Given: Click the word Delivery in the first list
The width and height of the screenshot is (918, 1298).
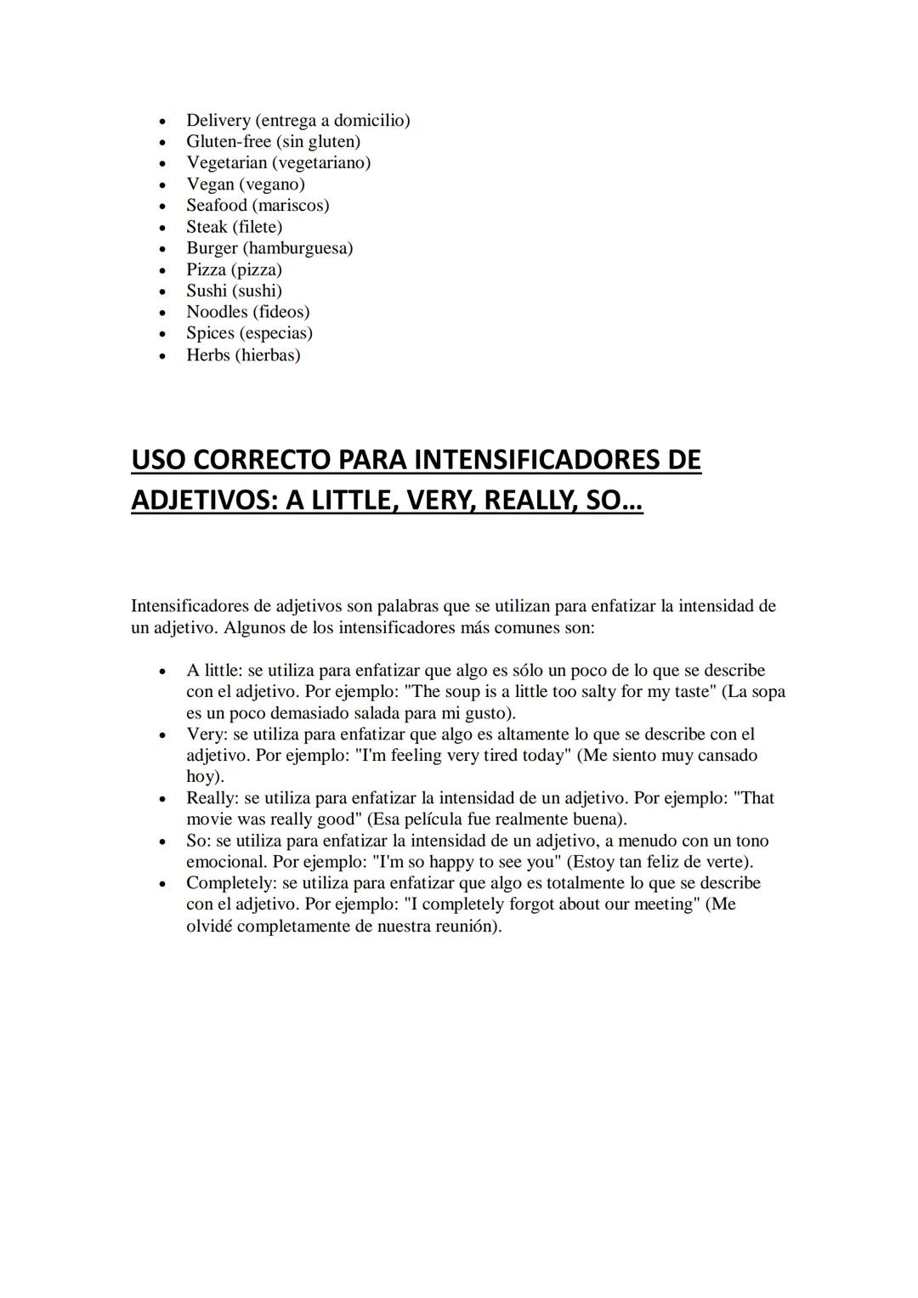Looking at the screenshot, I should [x=218, y=121].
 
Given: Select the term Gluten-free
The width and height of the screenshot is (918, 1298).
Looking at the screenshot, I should [x=229, y=142].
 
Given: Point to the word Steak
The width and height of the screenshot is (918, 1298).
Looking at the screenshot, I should [x=207, y=227].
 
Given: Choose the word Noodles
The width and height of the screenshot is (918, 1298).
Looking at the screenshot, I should [x=217, y=312].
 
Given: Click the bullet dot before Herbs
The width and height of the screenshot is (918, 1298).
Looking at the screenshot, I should [x=162, y=356].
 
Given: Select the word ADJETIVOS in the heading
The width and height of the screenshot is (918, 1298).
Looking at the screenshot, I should [x=204, y=501].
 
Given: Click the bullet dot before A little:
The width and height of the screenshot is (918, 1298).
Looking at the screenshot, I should [x=162, y=672].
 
